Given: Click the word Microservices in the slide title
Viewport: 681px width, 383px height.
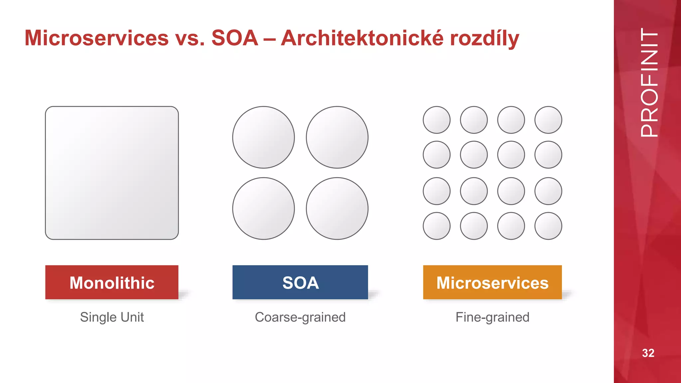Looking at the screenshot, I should (x=97, y=38).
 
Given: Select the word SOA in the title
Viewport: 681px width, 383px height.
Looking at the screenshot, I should (x=235, y=38).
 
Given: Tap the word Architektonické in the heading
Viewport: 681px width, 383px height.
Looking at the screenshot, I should (x=362, y=38).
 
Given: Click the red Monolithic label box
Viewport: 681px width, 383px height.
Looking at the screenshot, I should (x=112, y=282).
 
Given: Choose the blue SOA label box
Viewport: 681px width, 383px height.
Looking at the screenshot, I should (x=300, y=282).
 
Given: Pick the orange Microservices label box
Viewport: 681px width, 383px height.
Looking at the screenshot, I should (x=492, y=282).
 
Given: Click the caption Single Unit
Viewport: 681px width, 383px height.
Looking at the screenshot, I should (x=112, y=317).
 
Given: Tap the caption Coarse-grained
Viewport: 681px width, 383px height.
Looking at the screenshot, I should (x=300, y=317).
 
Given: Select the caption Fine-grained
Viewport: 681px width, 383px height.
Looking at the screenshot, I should (x=492, y=317).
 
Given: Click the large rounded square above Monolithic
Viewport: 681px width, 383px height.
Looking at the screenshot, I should (x=112, y=173).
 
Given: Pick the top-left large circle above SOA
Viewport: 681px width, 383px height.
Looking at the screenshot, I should (x=263, y=137).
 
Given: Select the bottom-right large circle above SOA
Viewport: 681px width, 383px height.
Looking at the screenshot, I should (x=337, y=208).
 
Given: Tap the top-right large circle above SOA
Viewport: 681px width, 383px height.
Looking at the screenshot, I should (x=337, y=137).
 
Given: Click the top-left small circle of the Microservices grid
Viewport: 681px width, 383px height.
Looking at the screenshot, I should (x=437, y=120).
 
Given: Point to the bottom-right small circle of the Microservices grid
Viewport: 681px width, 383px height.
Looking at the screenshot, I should (x=548, y=226).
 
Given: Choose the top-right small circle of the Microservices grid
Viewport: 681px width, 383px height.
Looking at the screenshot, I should (x=548, y=120).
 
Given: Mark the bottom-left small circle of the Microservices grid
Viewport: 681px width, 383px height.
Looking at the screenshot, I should (x=437, y=226).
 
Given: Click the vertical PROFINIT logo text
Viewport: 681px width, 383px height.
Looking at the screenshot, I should (x=649, y=82).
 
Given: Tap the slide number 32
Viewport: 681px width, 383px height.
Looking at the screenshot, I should (x=648, y=353).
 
